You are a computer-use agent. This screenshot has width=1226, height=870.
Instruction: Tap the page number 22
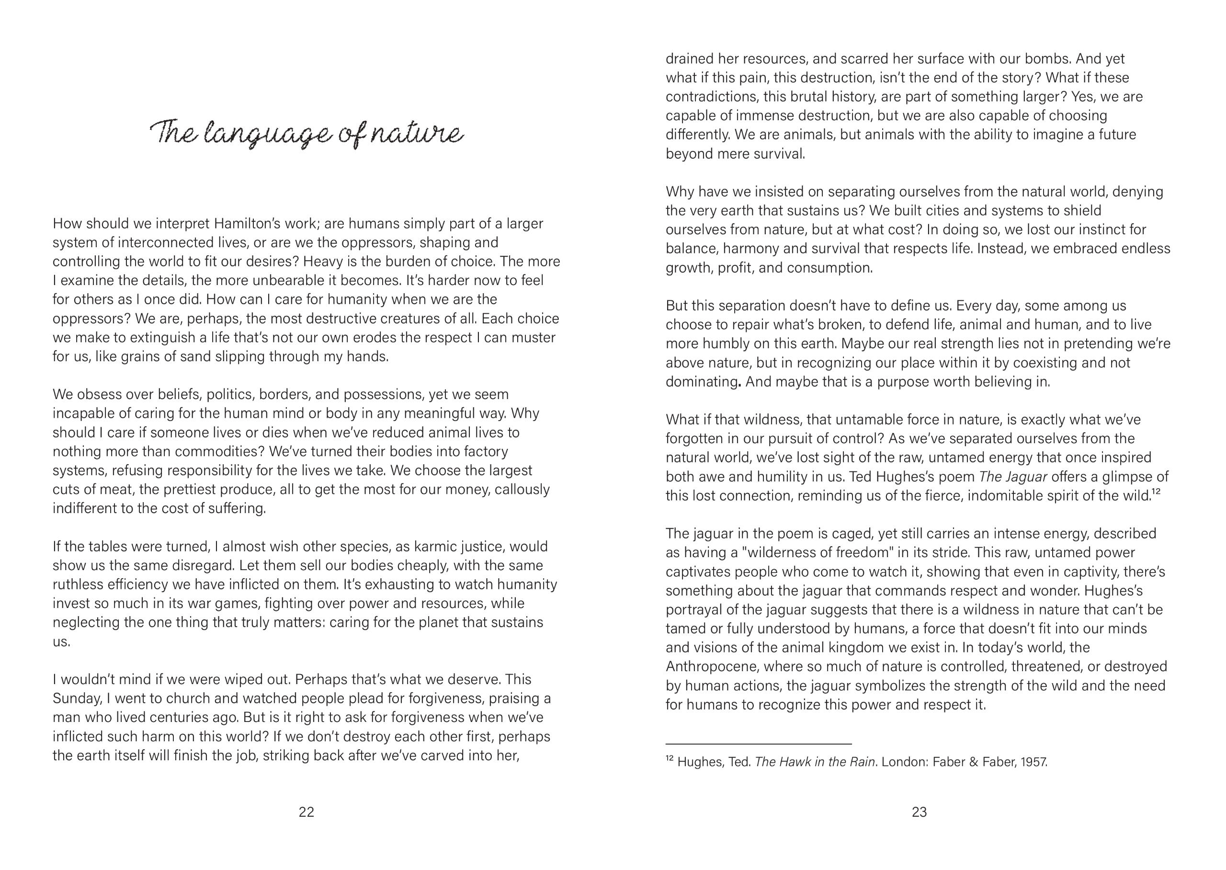point(306,812)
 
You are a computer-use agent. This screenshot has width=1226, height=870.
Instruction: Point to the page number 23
point(919,812)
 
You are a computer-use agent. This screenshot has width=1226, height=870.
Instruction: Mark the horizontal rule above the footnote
point(758,744)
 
